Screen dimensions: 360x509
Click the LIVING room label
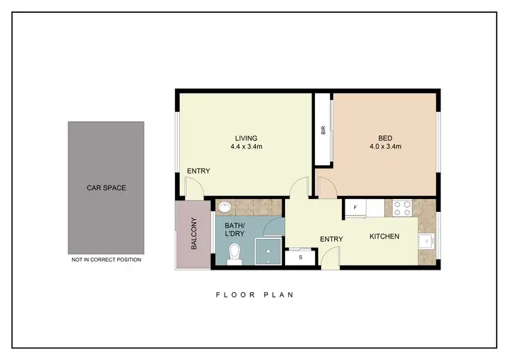coord(246,138)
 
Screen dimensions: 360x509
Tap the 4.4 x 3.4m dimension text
coord(246,147)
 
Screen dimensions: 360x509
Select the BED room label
coord(385,138)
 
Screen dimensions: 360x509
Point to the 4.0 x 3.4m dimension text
coord(385,147)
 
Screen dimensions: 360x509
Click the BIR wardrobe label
coord(324,130)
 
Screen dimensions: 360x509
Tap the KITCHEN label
coord(384,236)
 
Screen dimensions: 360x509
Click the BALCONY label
coord(193,234)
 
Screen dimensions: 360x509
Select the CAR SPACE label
coord(105,188)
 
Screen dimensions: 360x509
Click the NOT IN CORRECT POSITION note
coord(105,259)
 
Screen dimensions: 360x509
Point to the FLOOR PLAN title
coord(254,295)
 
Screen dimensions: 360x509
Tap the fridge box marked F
coord(354,207)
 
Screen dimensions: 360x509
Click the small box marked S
coord(299,257)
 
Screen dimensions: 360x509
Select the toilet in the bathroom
coord(235,253)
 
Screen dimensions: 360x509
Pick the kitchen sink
coord(427,240)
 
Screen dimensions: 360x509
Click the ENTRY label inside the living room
coord(199,170)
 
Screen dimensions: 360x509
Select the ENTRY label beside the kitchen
coord(331,238)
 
